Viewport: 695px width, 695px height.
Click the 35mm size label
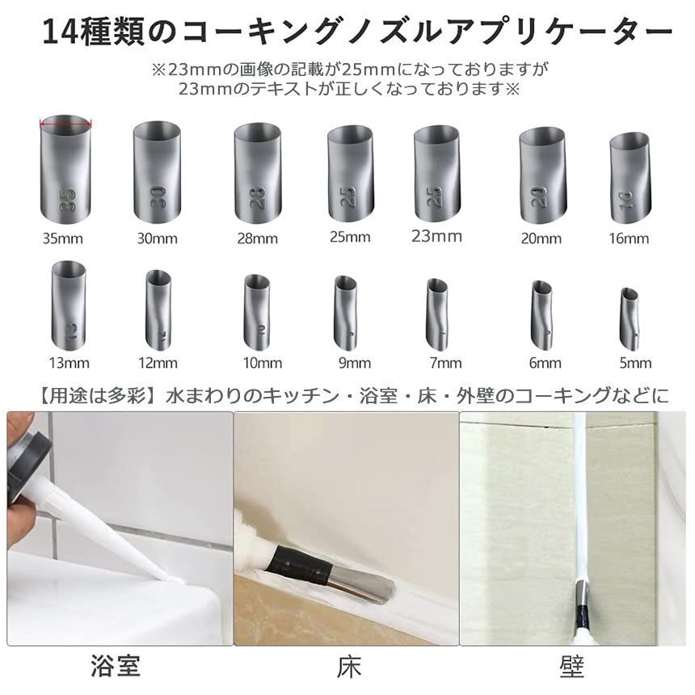(62, 239)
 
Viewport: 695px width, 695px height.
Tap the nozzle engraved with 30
(157, 171)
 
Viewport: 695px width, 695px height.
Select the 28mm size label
(258, 239)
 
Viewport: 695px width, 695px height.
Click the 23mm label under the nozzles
(436, 236)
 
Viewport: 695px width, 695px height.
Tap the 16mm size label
(629, 239)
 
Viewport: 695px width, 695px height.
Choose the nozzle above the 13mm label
(69, 305)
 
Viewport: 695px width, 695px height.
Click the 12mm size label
(158, 364)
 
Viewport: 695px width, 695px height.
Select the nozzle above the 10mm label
(257, 312)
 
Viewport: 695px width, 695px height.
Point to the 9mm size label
(355, 364)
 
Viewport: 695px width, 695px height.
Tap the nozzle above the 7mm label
(438, 314)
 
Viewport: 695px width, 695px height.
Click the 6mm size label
(545, 364)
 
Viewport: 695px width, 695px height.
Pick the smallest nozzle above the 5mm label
(629, 319)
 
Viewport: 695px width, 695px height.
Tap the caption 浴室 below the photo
(116, 666)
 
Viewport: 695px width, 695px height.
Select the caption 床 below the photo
(349, 667)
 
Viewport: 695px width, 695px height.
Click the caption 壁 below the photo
(572, 667)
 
